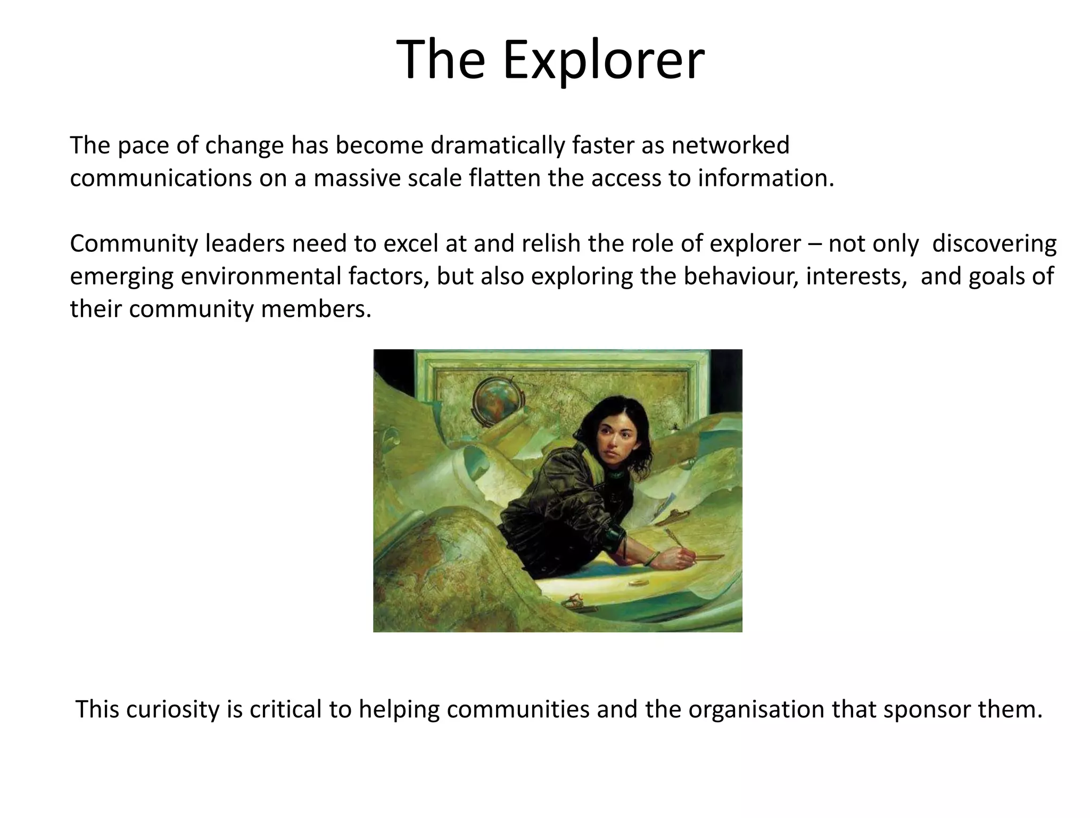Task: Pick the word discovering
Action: click(995, 243)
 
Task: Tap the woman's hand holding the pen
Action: click(676, 557)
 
